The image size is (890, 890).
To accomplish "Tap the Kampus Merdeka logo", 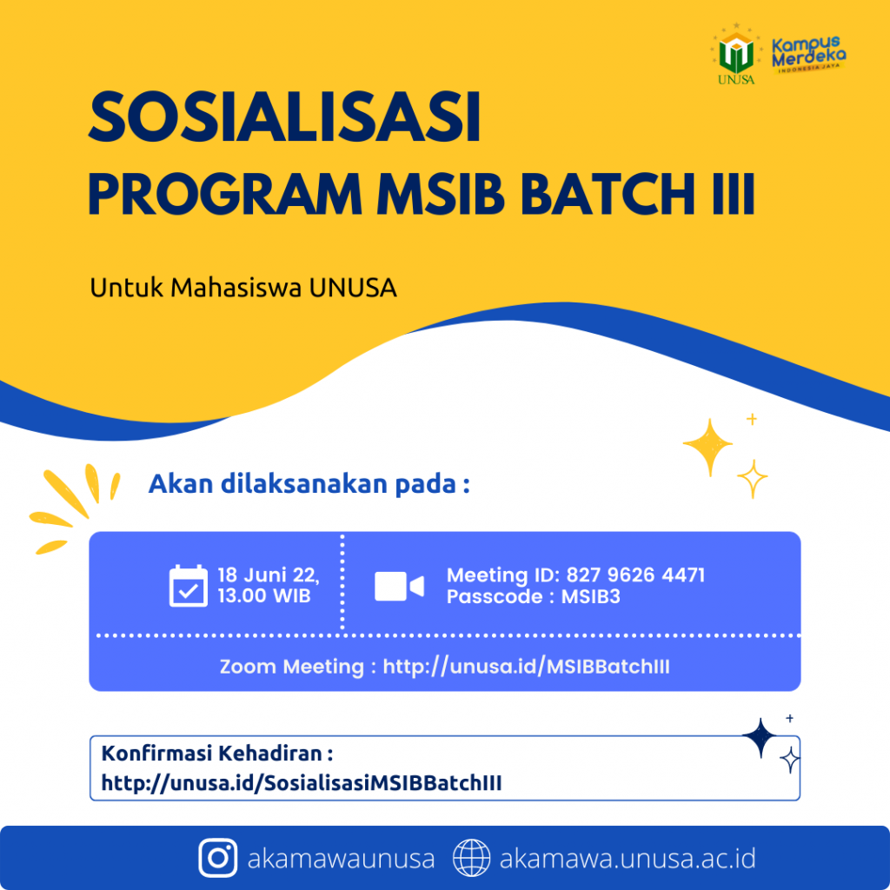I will pos(808,56).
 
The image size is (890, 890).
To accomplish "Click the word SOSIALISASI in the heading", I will pos(284,119).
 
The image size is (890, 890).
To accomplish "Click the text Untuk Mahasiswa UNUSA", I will pos(243,288).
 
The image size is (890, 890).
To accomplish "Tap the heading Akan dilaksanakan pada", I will pos(309,483).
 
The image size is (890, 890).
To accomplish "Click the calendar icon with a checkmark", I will pos(188,586).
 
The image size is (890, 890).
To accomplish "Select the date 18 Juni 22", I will pos(269,575).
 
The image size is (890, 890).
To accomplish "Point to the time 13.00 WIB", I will pos(265,597).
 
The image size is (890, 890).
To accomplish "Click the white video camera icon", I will pos(399,587).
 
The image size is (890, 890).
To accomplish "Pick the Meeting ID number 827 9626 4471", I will pos(635,575).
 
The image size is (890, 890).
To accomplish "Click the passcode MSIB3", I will pos(590,597).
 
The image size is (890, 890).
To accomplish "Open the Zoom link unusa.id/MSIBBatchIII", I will pos(526,667).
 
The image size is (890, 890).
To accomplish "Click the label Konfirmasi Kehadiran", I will pos(217,752).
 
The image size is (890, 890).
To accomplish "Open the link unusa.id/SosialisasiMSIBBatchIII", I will pos(302,783).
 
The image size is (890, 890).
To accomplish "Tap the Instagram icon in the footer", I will pos(218,859).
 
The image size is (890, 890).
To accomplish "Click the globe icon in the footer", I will pos(472,859).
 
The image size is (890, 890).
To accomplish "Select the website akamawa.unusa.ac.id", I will pos(627,859).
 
